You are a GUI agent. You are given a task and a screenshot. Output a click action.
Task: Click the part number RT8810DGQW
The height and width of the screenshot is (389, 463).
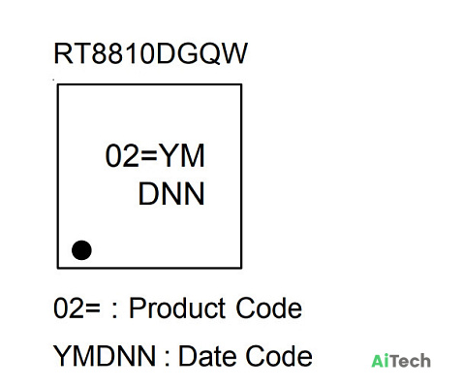pos(150,53)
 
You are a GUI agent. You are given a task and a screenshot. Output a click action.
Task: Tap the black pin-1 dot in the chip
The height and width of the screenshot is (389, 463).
pos(81,250)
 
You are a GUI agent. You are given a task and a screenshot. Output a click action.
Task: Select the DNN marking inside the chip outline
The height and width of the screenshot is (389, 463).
pos(171,194)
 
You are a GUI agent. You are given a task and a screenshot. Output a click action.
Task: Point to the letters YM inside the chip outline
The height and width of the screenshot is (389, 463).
pos(182,155)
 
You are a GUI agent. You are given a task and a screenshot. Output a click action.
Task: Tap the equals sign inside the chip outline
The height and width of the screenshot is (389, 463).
pos(149,156)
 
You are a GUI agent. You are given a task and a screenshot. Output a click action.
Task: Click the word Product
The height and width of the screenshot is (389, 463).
pos(177,308)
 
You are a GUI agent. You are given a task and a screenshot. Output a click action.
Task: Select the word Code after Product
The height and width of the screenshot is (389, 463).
pos(269,308)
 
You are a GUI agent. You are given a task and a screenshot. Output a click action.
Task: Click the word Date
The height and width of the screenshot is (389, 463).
pos(209,356)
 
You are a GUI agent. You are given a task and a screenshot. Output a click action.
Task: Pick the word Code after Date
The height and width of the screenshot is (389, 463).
pos(279,356)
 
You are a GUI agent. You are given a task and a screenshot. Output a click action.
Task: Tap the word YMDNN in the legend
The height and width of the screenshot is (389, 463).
pos(105,356)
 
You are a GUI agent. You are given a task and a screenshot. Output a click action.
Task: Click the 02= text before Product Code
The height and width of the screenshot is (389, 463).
pos(77,308)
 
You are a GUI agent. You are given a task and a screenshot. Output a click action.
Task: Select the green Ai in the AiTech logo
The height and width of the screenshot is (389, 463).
pos(381,361)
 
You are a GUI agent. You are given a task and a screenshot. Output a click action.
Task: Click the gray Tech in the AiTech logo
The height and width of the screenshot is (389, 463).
pos(410,361)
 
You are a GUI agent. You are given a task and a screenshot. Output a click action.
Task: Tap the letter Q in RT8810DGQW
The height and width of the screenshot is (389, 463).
pos(208,53)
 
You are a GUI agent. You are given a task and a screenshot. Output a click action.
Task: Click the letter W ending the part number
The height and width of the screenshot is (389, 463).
pos(233,53)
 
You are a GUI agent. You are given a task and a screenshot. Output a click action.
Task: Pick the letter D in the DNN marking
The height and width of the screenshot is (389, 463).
pos(148,194)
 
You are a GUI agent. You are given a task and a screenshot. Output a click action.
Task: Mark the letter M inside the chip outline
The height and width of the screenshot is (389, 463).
pos(193,155)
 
